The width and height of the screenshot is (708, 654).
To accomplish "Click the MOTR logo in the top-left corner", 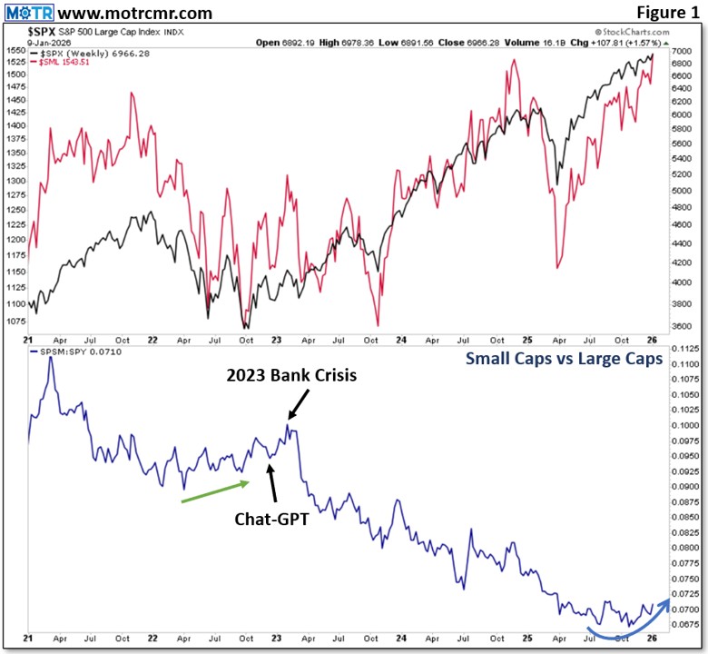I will click(29, 13).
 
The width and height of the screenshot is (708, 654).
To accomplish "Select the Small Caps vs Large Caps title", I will click(563, 359).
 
